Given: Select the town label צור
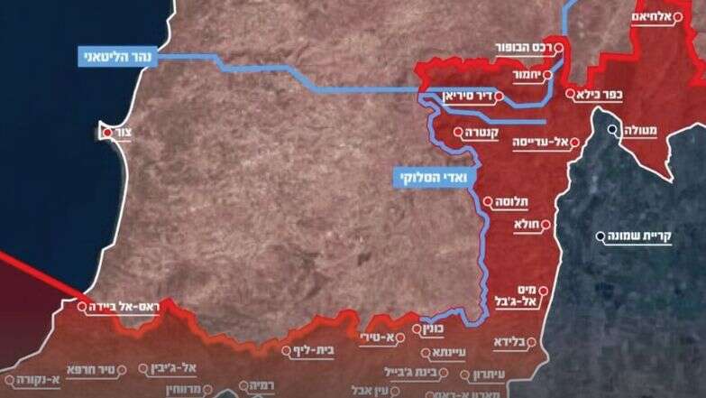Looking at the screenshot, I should [x=125, y=133].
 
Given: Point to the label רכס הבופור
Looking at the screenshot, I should [x=521, y=47].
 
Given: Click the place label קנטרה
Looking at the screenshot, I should [x=488, y=134].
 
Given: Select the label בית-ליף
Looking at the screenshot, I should [x=316, y=350].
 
